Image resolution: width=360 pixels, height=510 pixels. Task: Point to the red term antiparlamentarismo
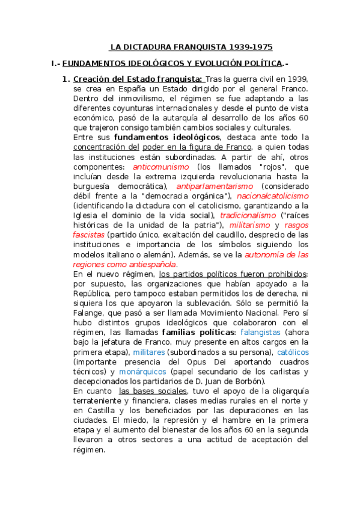click(206, 186)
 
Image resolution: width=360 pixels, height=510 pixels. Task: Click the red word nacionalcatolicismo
click(272, 195)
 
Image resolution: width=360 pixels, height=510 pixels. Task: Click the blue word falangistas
click(261, 332)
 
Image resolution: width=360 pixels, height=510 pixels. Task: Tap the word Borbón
click(249, 381)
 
